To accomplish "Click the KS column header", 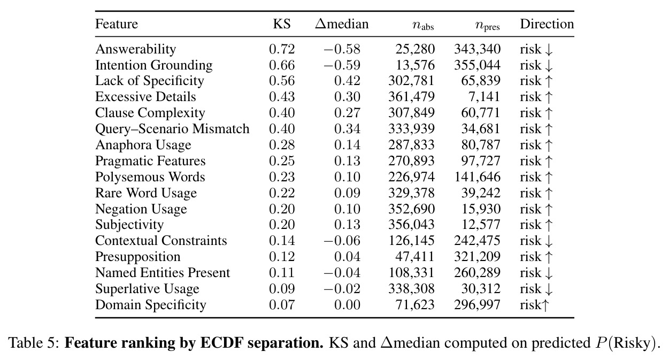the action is coord(282,24).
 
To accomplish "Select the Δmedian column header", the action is coord(342,24).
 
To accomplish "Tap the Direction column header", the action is coord(547,24).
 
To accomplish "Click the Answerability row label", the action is coord(136,49).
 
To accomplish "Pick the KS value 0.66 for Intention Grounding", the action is coord(282,65).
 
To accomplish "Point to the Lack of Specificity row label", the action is coord(150,81).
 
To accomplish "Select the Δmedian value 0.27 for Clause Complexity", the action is coord(348,113).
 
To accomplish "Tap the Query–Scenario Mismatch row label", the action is coord(172,129).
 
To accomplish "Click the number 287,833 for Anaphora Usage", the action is coord(411,145).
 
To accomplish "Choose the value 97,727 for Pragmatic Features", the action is coord(481,161).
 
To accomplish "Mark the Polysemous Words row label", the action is coord(150,177).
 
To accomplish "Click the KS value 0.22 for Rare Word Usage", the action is coord(282,193).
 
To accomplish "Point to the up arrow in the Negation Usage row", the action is coord(549,209).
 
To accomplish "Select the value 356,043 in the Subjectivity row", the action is coord(411,225).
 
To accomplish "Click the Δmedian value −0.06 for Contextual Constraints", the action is coord(342,241).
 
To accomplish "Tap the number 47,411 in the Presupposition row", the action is coord(415,257).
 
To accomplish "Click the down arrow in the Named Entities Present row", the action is coord(549,273).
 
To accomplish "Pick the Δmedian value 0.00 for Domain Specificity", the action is coord(348,305).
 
